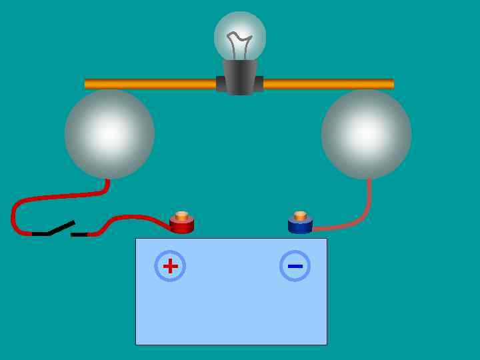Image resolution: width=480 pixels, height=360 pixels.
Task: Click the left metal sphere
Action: tap(109, 133)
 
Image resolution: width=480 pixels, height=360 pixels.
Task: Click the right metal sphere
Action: tap(366, 133)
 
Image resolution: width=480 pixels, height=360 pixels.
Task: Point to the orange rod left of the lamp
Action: tap(150, 84)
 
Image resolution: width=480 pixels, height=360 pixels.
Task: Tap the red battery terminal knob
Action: tap(181, 225)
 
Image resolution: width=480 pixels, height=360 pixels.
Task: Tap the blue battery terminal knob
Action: tap(300, 225)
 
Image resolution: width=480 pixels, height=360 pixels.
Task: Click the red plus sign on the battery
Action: tap(170, 266)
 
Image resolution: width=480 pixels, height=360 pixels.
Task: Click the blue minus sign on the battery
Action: tap(295, 266)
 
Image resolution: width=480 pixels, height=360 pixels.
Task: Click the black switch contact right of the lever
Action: tap(79, 235)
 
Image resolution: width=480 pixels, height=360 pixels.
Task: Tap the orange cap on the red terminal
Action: tap(181, 215)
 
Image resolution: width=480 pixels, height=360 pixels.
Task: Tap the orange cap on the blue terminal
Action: tap(300, 215)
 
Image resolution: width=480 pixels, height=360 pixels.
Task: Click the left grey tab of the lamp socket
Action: tap(221, 84)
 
